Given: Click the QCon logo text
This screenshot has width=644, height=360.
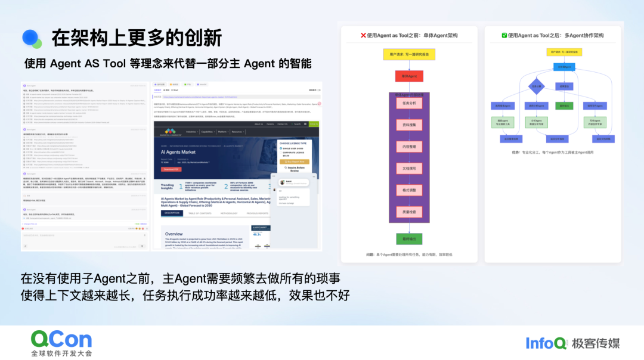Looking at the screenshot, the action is pos(61,339).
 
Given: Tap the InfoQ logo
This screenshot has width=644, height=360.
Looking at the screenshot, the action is pos(546,343).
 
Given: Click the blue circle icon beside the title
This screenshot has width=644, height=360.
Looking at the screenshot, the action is pos(31,38).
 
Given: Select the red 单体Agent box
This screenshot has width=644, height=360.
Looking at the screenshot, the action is pos(408,76).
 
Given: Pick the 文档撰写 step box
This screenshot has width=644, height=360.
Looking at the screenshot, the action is pos(408,168).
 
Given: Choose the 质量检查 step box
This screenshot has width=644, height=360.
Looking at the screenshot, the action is pos(408,212).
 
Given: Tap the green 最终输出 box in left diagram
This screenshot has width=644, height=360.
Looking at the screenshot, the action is pos(408,239).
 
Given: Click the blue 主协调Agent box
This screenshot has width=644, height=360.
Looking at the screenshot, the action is pos(564,67).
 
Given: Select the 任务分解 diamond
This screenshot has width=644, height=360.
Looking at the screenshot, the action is pos(537,86).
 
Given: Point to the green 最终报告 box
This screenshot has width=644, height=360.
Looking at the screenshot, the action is pos(564,105).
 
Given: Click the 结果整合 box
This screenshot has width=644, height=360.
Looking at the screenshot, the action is pos(564,86).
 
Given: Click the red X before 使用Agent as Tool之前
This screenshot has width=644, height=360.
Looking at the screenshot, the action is pos(364,36).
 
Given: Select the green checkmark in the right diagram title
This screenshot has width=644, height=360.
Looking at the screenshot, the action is pos(504,36).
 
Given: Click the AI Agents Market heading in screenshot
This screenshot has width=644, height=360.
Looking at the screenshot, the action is pos(179,152).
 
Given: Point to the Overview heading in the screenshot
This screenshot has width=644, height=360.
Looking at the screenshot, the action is pos(174,234).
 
